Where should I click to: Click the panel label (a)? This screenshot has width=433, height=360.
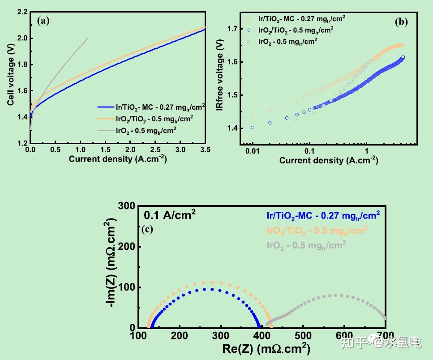43,20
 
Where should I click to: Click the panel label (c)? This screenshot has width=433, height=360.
147,230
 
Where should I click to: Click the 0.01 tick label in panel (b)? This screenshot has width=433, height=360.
253,151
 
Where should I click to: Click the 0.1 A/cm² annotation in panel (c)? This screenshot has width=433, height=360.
170,214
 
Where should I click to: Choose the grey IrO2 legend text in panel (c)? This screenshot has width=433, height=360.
306,245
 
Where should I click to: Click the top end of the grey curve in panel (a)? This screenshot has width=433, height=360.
87,39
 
